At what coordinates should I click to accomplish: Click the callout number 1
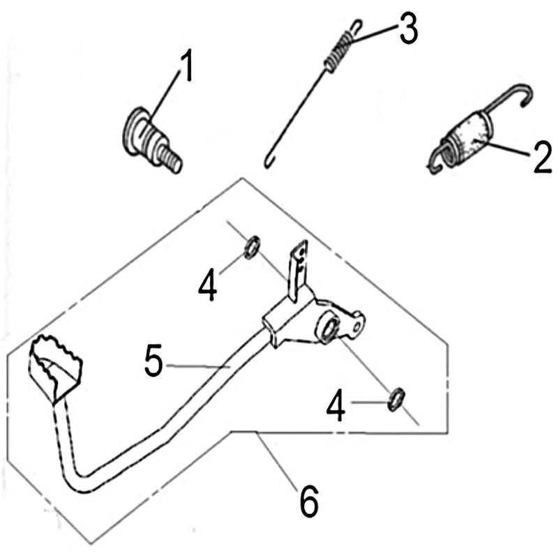tap(187, 65)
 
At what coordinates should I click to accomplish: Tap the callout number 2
tap(542, 157)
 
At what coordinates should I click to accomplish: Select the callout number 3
tap(408, 29)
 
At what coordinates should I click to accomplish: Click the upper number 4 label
tap(207, 285)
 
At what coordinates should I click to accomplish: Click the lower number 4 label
tap(336, 405)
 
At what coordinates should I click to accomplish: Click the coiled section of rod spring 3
tap(339, 50)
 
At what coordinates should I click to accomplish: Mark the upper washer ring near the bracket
tap(252, 247)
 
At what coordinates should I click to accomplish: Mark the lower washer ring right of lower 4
tap(396, 399)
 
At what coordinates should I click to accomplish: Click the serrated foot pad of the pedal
tap(56, 368)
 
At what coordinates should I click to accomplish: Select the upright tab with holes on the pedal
tap(299, 270)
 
